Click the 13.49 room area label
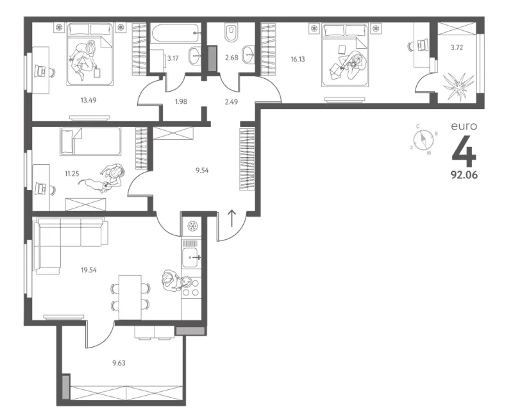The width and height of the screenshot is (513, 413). (88, 100)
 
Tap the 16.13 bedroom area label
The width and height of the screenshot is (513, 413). (298, 59)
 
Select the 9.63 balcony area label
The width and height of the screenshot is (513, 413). (119, 363)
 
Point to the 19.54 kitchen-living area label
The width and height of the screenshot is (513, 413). (88, 270)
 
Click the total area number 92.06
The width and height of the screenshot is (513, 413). (464, 175)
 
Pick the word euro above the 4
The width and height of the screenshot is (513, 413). (464, 126)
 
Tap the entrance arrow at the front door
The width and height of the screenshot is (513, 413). (231, 218)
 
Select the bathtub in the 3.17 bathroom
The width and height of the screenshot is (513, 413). (176, 33)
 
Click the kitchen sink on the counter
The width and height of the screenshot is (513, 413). (191, 258)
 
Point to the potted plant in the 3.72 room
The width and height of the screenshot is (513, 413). (458, 85)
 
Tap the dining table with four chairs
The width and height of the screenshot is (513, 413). (130, 297)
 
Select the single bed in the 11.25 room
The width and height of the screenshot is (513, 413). (90, 141)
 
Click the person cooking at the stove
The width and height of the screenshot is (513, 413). (172, 280)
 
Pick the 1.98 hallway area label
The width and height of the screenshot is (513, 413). (181, 101)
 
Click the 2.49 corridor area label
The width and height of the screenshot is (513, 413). (231, 102)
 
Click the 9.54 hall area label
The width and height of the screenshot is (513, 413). (202, 170)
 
